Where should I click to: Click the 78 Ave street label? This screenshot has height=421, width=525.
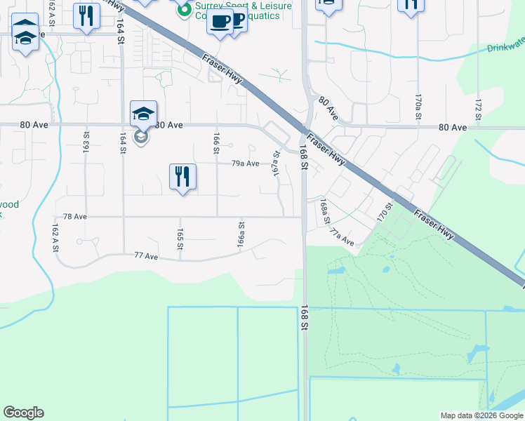pyautogui.click(x=75, y=218)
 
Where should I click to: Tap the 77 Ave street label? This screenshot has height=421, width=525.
pyautogui.click(x=146, y=257)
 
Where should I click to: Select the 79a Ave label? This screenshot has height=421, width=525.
pyautogui.click(x=246, y=163)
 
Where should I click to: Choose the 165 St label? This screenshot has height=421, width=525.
pyautogui.click(x=180, y=239)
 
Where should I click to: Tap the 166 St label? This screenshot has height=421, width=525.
pyautogui.click(x=216, y=140)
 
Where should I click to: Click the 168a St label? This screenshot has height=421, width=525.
pyautogui.click(x=324, y=211)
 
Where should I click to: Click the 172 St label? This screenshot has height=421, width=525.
pyautogui.click(x=478, y=106)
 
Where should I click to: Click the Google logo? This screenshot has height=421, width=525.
pyautogui.click(x=23, y=413)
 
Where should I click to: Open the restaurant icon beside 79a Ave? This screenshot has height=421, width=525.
pyautogui.click(x=182, y=177)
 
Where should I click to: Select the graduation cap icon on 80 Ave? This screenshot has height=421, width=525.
pyautogui.click(x=143, y=114)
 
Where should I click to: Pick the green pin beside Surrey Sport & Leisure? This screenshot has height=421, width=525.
pyautogui.click(x=185, y=9)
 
